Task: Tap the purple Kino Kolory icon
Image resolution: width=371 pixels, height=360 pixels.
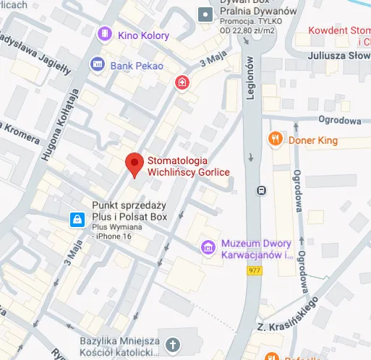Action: point(106,34)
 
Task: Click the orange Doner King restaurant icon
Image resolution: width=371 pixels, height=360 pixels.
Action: point(274,138)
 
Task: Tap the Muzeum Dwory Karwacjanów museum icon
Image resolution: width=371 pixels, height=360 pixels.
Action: point(208,248)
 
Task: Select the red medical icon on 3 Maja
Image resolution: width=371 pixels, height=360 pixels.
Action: point(181,84)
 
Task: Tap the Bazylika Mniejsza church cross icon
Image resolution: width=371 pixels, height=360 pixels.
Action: point(172,345)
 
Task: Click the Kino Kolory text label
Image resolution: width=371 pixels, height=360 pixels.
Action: point(145,35)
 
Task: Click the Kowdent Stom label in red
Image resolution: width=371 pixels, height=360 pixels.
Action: point(338,30)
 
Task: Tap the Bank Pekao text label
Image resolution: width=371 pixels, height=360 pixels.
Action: point(137,66)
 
